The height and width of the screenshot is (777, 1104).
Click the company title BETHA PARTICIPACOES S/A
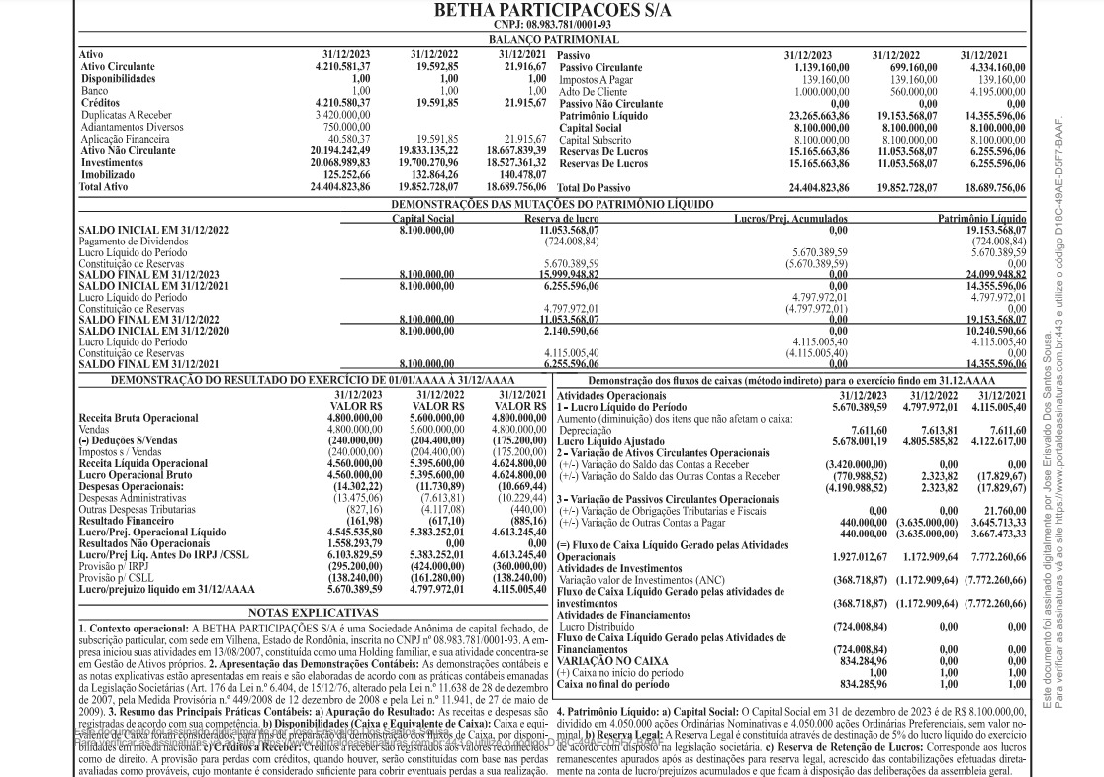[552, 11]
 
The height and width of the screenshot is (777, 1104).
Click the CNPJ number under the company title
[552, 25]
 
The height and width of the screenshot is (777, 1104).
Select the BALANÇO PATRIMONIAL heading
[552, 39]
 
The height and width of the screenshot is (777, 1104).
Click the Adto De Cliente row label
[594, 91]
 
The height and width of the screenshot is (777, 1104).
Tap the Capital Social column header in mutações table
[423, 218]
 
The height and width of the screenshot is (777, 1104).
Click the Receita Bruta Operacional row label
[138, 418]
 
